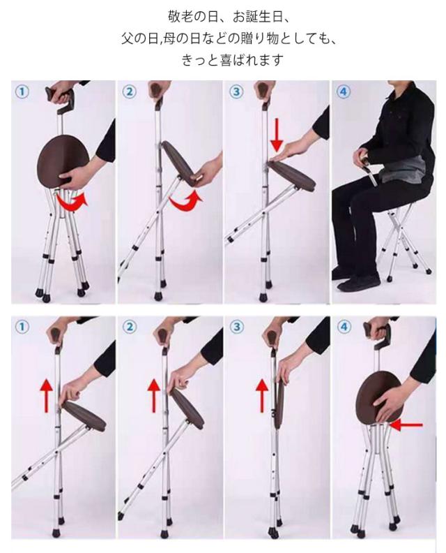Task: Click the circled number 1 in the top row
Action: point(22,92)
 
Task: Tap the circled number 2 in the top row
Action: point(130,92)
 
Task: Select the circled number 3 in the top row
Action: point(236,92)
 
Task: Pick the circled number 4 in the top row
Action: point(344,92)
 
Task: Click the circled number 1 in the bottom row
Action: point(22,327)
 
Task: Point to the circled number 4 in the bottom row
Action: point(344,327)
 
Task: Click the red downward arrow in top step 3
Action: point(277,135)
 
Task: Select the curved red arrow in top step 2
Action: point(186,202)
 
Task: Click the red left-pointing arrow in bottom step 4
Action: point(406,425)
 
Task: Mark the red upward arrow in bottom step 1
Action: point(46,395)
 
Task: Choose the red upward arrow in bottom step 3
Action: point(261,395)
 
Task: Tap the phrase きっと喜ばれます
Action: point(232,59)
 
